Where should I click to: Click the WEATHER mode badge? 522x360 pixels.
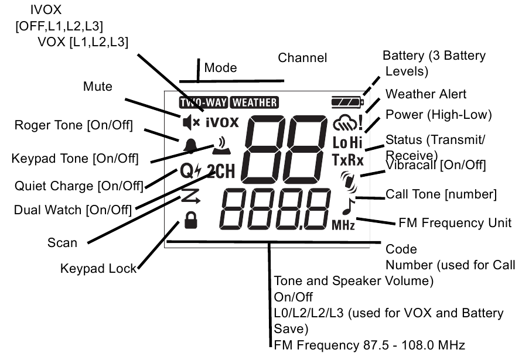[x=254, y=102]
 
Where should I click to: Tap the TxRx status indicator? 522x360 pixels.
[x=347, y=160]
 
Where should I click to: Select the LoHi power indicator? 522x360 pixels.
[x=347, y=142]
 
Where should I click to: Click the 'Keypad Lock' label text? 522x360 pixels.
[x=98, y=269]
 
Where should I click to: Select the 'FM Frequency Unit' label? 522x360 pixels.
[x=455, y=222]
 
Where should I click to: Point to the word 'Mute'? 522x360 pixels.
[x=97, y=87]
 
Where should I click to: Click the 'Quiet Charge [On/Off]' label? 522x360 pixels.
[x=79, y=186]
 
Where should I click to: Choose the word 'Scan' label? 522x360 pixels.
[x=62, y=242]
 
